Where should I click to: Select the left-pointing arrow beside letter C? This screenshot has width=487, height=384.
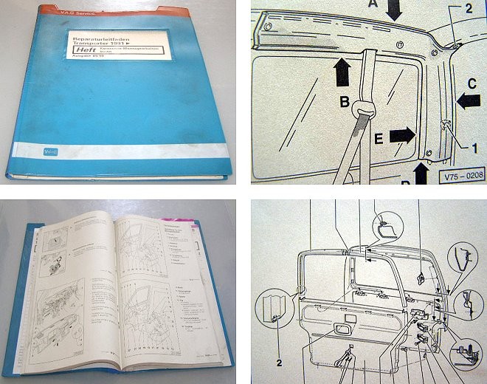[469, 102]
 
